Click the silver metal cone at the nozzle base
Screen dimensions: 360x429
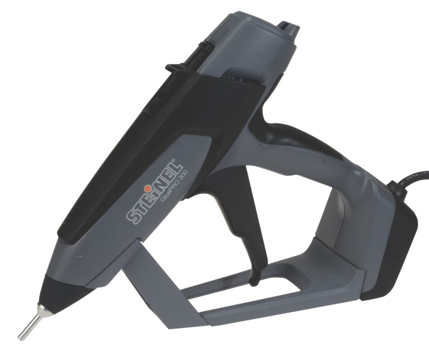[x=42, y=308]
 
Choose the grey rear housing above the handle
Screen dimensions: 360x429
[x=257, y=51]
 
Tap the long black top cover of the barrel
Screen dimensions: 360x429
[x=129, y=141]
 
